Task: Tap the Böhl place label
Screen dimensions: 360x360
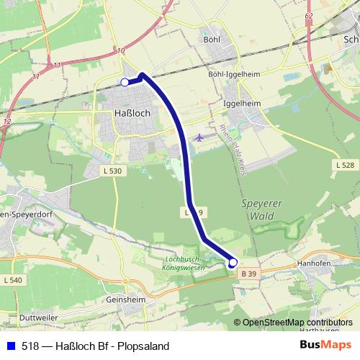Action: click(x=212, y=40)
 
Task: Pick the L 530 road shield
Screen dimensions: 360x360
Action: click(x=112, y=170)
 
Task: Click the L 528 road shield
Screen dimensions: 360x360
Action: click(x=345, y=165)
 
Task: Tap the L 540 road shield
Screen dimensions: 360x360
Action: click(x=14, y=279)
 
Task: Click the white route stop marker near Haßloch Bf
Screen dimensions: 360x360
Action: click(x=125, y=83)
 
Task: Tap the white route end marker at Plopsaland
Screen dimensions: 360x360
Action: click(x=233, y=264)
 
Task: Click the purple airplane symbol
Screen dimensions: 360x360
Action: click(x=199, y=137)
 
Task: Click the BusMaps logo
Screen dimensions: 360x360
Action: click(x=325, y=344)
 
